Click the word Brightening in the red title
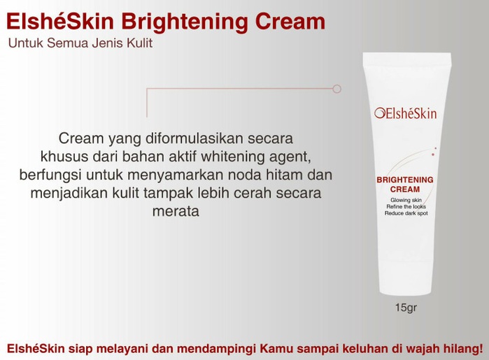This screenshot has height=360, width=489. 185,22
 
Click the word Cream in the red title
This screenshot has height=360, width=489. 290,22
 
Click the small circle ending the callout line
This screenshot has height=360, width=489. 336,89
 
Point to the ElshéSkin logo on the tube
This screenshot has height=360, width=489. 406,113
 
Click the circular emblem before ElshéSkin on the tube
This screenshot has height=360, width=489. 379,113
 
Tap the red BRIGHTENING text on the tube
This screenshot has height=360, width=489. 405,180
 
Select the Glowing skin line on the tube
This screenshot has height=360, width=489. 406,200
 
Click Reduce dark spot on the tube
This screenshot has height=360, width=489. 406,213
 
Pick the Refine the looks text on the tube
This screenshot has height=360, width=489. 406,207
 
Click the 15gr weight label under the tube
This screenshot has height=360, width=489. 406,308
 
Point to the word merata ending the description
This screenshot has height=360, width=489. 176,211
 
